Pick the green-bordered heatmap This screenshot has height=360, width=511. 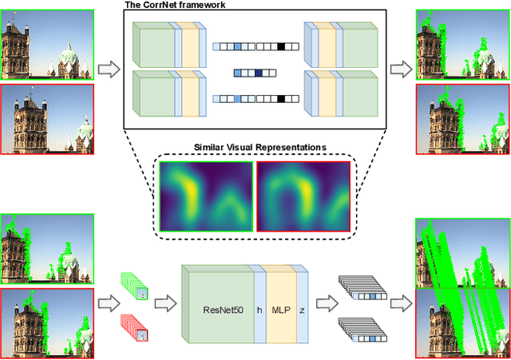206,194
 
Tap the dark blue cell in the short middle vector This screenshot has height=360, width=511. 259,73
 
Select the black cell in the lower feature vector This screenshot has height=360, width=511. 282,100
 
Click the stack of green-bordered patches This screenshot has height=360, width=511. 133,286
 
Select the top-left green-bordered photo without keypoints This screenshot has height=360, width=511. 48,39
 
